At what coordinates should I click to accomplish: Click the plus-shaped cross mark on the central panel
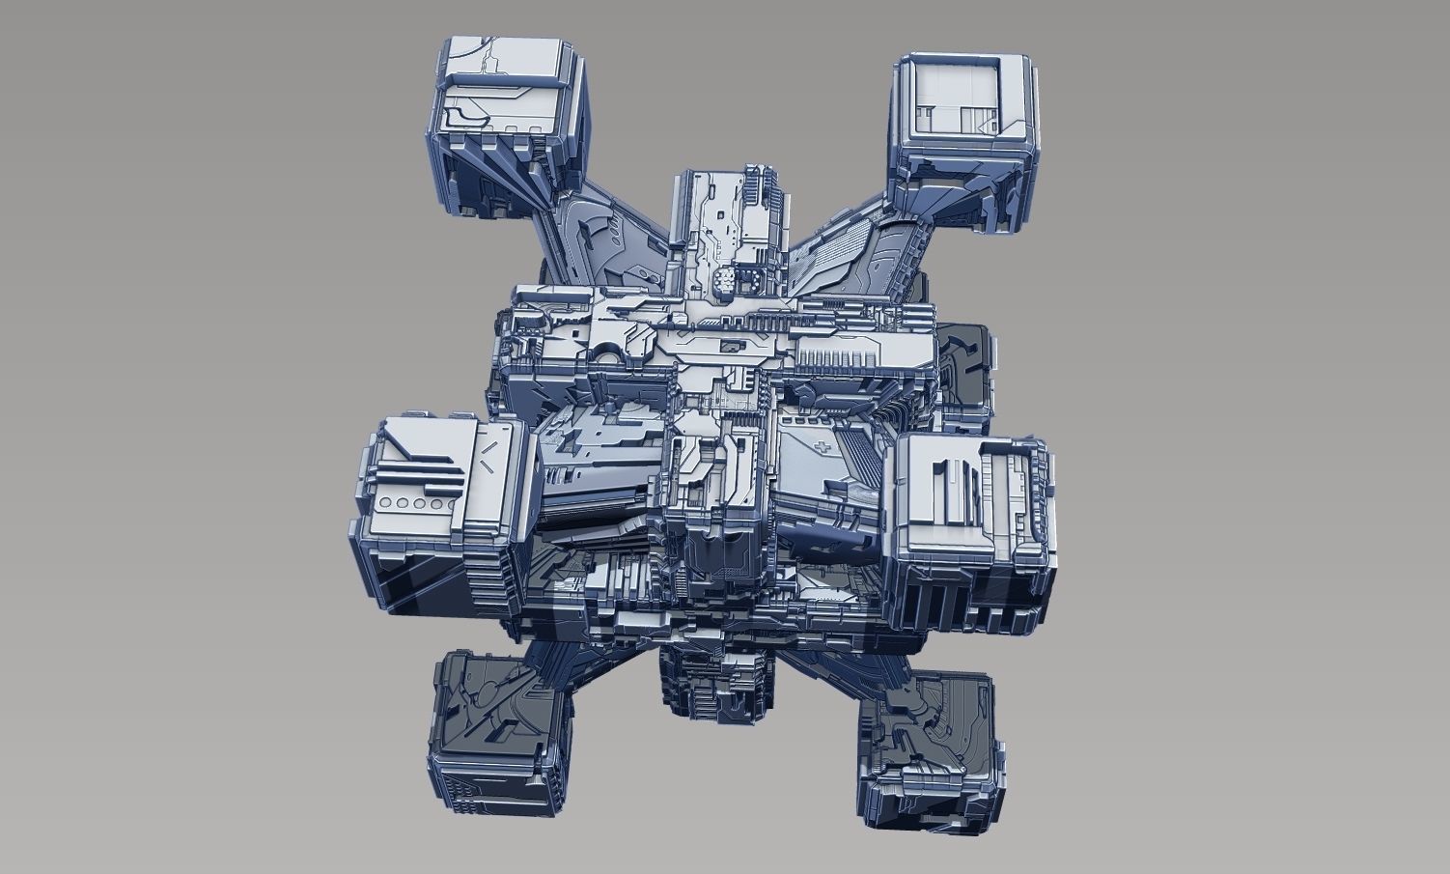point(820,449)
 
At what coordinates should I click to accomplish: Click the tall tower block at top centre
point(728,232)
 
